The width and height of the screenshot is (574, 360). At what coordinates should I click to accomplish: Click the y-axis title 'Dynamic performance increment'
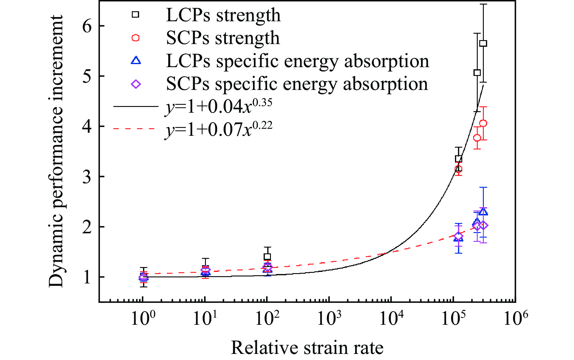pyautogui.click(x=56, y=151)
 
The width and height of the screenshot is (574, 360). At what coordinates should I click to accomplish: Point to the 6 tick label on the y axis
pyautogui.click(x=87, y=26)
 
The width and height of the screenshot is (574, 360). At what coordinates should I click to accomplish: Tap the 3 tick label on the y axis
pyautogui.click(x=87, y=177)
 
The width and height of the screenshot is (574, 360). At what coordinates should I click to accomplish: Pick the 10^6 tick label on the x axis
pyautogui.click(x=515, y=318)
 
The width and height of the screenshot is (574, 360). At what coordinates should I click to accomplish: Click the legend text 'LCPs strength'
pyautogui.click(x=223, y=15)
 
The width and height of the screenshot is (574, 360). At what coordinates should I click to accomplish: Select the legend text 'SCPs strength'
pyautogui.click(x=223, y=38)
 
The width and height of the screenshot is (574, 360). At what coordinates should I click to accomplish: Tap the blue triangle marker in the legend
pyautogui.click(x=136, y=60)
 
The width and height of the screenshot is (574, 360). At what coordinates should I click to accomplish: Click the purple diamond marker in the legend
pyautogui.click(x=136, y=84)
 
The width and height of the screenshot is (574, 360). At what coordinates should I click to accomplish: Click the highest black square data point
pyautogui.click(x=483, y=43)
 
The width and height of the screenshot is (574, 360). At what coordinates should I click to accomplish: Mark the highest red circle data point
pyautogui.click(x=483, y=123)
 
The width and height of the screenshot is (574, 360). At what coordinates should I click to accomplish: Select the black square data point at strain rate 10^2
pyautogui.click(x=267, y=257)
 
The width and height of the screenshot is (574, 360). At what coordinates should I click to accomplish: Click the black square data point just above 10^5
pyautogui.click(x=459, y=159)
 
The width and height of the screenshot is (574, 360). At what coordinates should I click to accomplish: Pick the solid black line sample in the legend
pyautogui.click(x=135, y=106)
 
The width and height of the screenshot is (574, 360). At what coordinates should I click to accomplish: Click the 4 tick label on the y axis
pyautogui.click(x=87, y=126)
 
